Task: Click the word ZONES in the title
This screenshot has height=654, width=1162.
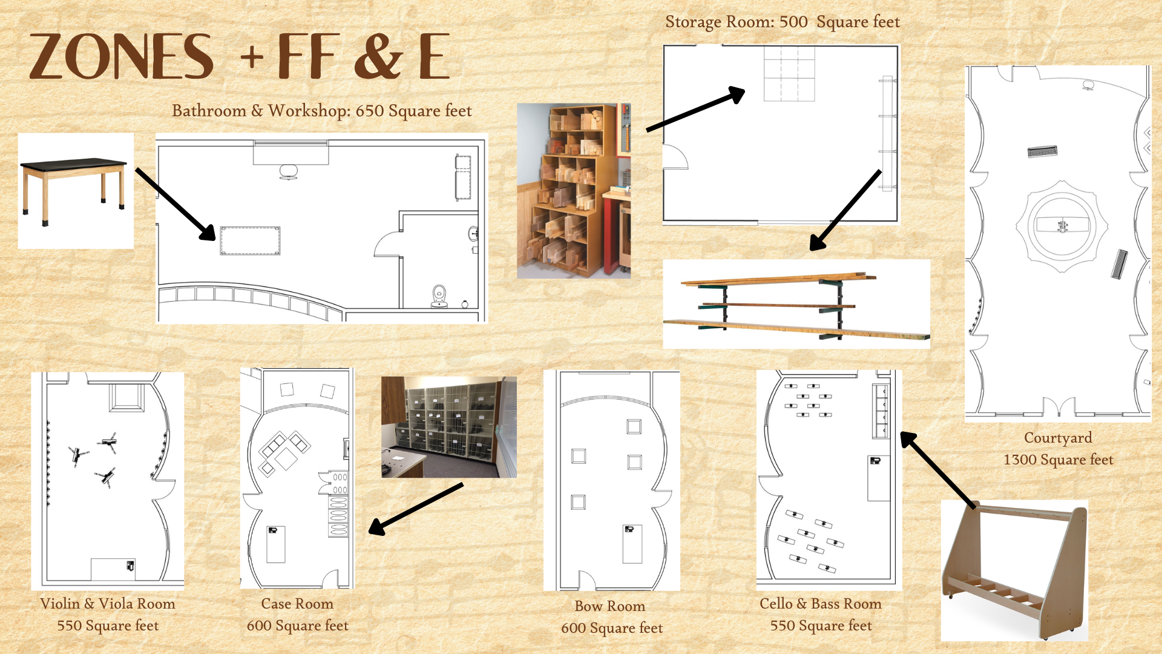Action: click(x=121, y=56)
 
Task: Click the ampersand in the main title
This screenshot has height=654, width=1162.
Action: click(x=378, y=56)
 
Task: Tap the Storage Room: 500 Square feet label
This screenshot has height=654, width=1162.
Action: click(x=783, y=22)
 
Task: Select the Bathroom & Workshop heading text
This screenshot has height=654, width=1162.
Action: click(x=321, y=111)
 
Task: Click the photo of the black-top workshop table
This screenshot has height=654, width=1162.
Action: click(x=76, y=191)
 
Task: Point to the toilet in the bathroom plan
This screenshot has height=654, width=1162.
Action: click(x=440, y=296)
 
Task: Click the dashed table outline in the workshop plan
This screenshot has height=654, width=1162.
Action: click(x=250, y=240)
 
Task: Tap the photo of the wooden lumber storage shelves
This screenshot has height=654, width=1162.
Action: click(x=574, y=191)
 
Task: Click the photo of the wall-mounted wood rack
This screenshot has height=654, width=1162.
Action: click(x=796, y=304)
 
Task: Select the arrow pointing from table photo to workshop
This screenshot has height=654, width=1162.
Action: click(x=176, y=205)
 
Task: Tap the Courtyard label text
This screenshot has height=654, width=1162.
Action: click(x=1059, y=449)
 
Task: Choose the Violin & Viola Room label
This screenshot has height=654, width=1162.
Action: click(x=108, y=615)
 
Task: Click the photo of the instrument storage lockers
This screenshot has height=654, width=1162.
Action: click(x=449, y=427)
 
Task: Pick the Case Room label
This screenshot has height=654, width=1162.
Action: click(x=298, y=615)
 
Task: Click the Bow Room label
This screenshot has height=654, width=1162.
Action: click(x=612, y=617)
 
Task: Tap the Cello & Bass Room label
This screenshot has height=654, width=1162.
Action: click(x=821, y=615)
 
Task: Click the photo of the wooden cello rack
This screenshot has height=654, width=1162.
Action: click(x=1014, y=570)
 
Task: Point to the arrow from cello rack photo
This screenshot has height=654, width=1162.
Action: click(x=937, y=469)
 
